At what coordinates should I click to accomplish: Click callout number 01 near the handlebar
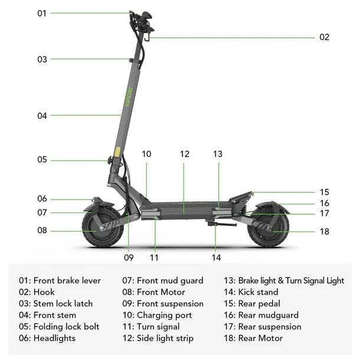42,14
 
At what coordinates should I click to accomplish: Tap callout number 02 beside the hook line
324,37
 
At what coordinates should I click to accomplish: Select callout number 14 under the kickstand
216,257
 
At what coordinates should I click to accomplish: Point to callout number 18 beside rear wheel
325,231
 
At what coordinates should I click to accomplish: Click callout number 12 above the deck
185,154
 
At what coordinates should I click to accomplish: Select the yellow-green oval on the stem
117,152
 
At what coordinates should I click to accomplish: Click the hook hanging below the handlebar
147,37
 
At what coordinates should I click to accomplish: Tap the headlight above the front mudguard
96,199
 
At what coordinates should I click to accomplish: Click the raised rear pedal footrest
241,198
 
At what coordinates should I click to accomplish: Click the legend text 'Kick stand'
258,292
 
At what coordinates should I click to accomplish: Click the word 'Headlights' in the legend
54,338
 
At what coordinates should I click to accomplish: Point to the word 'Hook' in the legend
44,292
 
